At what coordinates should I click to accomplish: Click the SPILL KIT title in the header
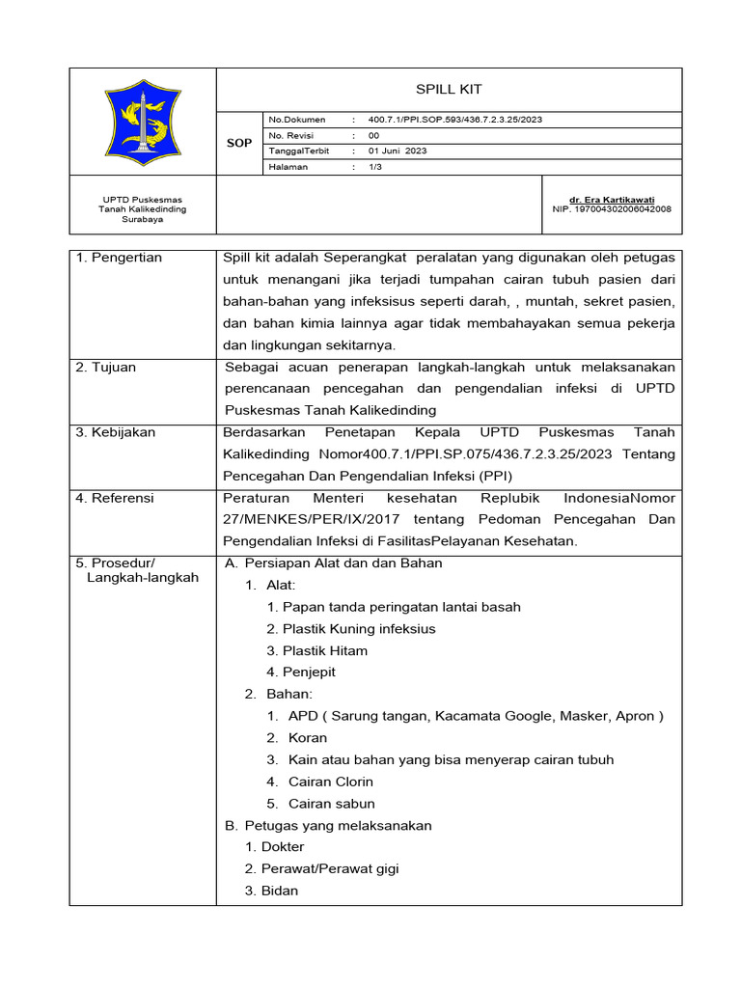click(x=448, y=89)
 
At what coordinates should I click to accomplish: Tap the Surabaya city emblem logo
click(x=143, y=122)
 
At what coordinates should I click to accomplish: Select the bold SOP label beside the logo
click(x=238, y=143)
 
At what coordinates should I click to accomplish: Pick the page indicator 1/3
click(x=375, y=167)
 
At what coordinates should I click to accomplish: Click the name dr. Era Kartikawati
click(x=612, y=199)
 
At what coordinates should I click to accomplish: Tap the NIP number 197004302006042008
click(x=612, y=208)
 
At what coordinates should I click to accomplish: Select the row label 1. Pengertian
click(x=120, y=258)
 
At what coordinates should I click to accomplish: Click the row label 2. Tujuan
click(x=107, y=368)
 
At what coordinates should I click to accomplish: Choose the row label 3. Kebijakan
click(x=116, y=432)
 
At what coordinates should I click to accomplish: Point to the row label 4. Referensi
click(x=116, y=498)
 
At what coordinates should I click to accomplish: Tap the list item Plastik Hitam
click(x=325, y=651)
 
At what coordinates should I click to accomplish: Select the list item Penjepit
click(x=309, y=672)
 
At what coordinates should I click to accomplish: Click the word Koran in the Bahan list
click(x=308, y=738)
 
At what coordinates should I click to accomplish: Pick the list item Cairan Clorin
click(x=331, y=782)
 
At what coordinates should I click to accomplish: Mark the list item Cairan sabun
click(x=332, y=804)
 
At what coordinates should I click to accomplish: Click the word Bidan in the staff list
click(x=280, y=891)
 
